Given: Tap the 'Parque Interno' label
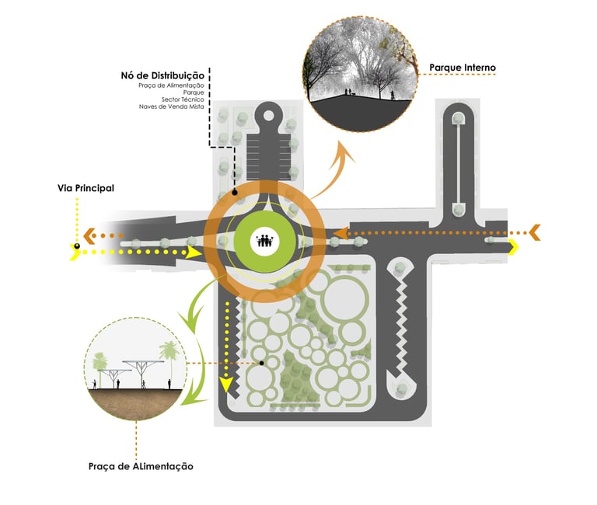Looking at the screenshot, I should pyautogui.click(x=462, y=68).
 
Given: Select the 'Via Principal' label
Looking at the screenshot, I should pyautogui.click(x=86, y=188).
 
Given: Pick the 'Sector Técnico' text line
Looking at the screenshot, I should pyautogui.click(x=183, y=99).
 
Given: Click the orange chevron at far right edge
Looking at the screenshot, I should pyautogui.click(x=535, y=231).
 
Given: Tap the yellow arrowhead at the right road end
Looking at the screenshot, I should pyautogui.click(x=514, y=247).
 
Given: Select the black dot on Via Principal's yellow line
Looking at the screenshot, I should pyautogui.click(x=77, y=248).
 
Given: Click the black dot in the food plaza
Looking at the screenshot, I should pyautogui.click(x=263, y=363).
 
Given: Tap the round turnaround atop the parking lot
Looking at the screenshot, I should pyautogui.click(x=269, y=116).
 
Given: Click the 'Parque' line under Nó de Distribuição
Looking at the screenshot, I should pyautogui.click(x=194, y=92).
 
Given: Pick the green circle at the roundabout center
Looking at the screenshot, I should pyautogui.click(x=265, y=242).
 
